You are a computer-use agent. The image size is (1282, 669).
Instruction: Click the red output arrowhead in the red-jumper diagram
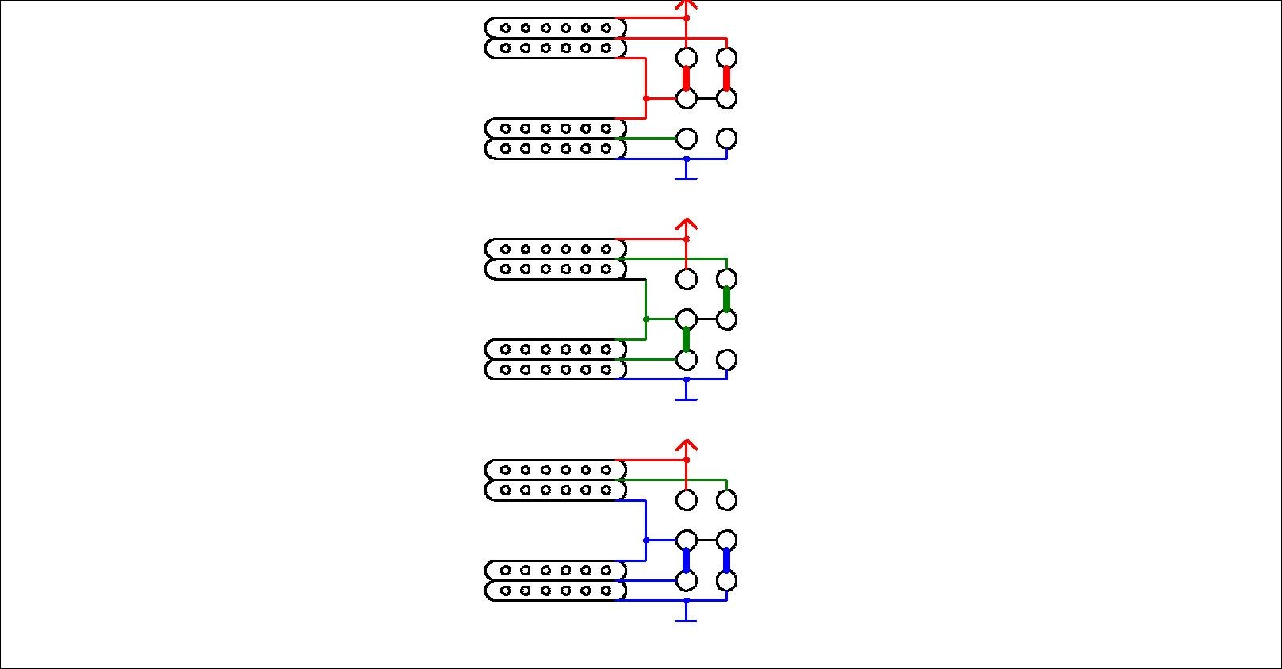pos(687,5)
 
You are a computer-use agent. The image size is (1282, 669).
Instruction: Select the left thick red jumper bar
pos(687,78)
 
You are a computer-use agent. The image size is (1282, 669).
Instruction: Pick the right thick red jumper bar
pos(727,78)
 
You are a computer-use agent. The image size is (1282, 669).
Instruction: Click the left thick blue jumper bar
pos(687,560)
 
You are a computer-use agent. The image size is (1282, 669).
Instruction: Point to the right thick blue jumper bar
pos(727,560)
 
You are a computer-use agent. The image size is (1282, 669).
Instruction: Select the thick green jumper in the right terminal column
pos(727,299)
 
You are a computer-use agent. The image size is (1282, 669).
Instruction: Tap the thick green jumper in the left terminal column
pos(687,339)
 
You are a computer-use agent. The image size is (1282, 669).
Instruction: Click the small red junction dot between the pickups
pos(646,98)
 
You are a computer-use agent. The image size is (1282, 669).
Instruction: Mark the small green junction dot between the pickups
pos(646,319)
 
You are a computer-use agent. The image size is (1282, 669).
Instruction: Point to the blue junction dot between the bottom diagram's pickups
pos(646,541)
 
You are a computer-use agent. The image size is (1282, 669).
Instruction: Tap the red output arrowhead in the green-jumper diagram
pos(687,225)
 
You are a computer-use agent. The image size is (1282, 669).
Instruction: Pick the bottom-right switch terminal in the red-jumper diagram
pos(727,139)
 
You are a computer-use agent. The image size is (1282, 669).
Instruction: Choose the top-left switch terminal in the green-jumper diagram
pos(687,279)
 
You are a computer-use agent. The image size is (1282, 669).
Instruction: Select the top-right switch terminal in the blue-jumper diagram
pos(727,500)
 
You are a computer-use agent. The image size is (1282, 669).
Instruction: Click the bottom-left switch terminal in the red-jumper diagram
pos(687,139)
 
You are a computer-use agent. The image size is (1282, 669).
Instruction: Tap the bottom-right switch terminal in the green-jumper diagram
pos(727,360)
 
